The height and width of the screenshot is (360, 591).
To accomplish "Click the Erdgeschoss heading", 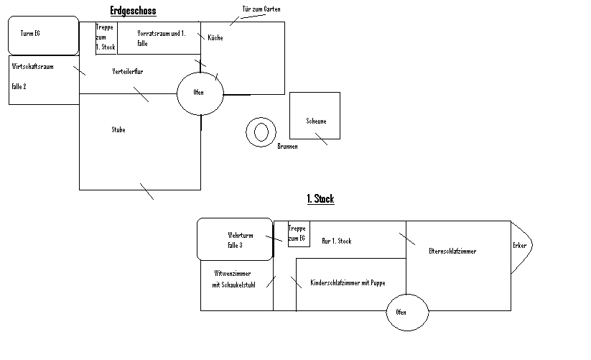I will [133, 11].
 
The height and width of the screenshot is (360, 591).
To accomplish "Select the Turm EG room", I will [43, 35].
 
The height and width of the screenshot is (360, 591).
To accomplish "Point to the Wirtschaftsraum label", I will [33, 66].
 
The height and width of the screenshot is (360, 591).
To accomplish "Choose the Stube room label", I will [118, 130].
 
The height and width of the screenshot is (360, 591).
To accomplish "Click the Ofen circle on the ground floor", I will [199, 93].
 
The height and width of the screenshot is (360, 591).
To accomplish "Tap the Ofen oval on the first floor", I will [401, 313].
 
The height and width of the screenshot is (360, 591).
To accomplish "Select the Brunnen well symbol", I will [260, 131].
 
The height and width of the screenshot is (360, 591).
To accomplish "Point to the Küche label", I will [215, 37].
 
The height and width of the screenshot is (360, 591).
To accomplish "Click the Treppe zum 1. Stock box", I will [106, 37].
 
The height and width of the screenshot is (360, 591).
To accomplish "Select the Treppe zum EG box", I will [298, 233].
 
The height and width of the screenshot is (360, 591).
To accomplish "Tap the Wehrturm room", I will [235, 239].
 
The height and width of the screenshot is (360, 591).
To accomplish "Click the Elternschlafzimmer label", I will [452, 251].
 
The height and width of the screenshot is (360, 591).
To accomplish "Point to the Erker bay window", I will [520, 246].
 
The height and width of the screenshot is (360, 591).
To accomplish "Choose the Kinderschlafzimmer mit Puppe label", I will [348, 283].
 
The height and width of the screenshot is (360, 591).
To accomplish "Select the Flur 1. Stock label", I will [336, 241].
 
